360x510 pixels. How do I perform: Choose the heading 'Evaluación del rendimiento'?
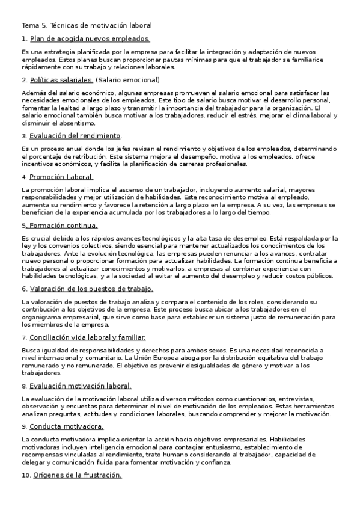point(75,135)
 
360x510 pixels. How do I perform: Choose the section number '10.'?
point(26,475)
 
